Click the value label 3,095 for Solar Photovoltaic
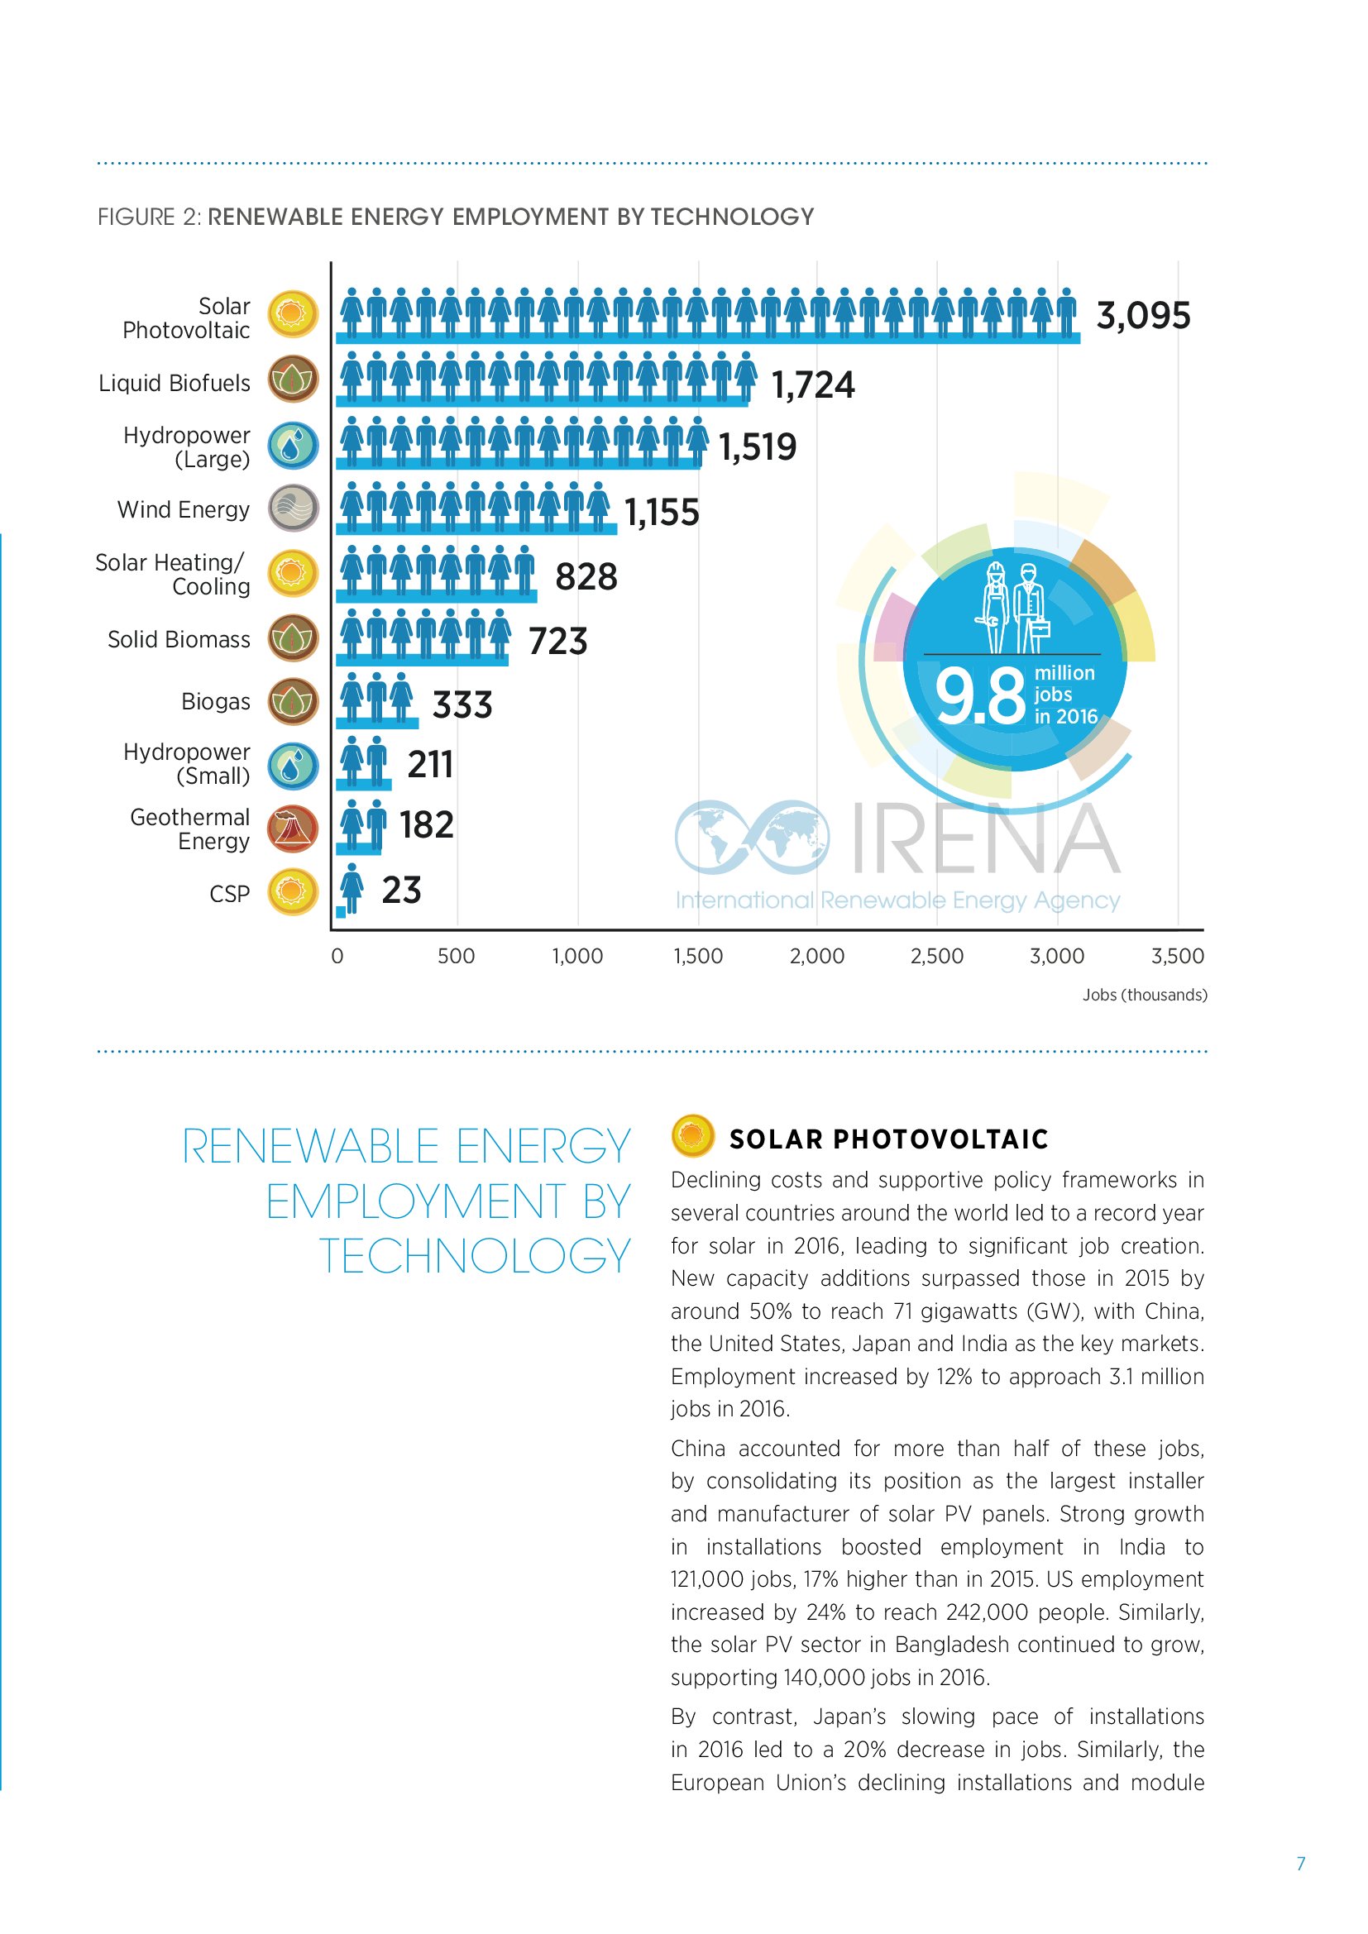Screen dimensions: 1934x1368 [x=1142, y=316]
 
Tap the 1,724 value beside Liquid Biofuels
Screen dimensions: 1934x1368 [x=813, y=385]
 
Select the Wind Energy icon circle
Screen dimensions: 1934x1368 [x=293, y=509]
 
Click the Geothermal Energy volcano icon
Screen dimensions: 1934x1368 [x=293, y=829]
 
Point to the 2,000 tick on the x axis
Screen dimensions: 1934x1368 [x=816, y=956]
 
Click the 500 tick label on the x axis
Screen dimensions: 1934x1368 [x=456, y=956]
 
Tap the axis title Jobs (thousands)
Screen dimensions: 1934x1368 [x=1144, y=995]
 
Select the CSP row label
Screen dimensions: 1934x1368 [x=229, y=894]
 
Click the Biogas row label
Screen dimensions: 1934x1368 [x=216, y=702]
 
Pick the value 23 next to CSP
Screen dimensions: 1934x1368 [x=401, y=891]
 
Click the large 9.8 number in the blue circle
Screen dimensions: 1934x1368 [x=979, y=696]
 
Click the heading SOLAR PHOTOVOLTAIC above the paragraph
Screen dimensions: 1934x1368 [x=888, y=1139]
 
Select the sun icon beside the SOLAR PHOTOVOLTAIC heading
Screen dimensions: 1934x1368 [x=692, y=1135]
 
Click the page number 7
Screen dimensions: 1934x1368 [x=1301, y=1863]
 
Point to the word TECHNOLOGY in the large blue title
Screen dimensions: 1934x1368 [x=474, y=1256]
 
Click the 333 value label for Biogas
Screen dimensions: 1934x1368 [x=462, y=705]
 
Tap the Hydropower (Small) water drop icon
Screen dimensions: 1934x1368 [x=293, y=766]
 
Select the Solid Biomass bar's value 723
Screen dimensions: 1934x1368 [x=557, y=641]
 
